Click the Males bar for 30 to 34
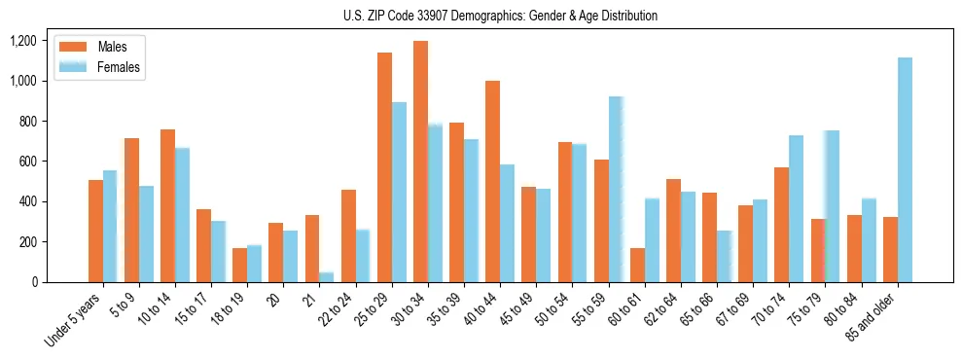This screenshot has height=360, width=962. pyautogui.click(x=420, y=162)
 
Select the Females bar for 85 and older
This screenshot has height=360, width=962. pyautogui.click(x=905, y=170)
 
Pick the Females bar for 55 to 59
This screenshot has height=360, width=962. pyautogui.click(x=616, y=190)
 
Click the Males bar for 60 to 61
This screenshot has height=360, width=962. pyautogui.click(x=637, y=265)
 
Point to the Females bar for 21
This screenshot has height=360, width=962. pyautogui.click(x=327, y=277)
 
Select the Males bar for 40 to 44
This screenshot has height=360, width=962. pyautogui.click(x=492, y=182)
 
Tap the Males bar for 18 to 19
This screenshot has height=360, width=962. pyautogui.click(x=240, y=265)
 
